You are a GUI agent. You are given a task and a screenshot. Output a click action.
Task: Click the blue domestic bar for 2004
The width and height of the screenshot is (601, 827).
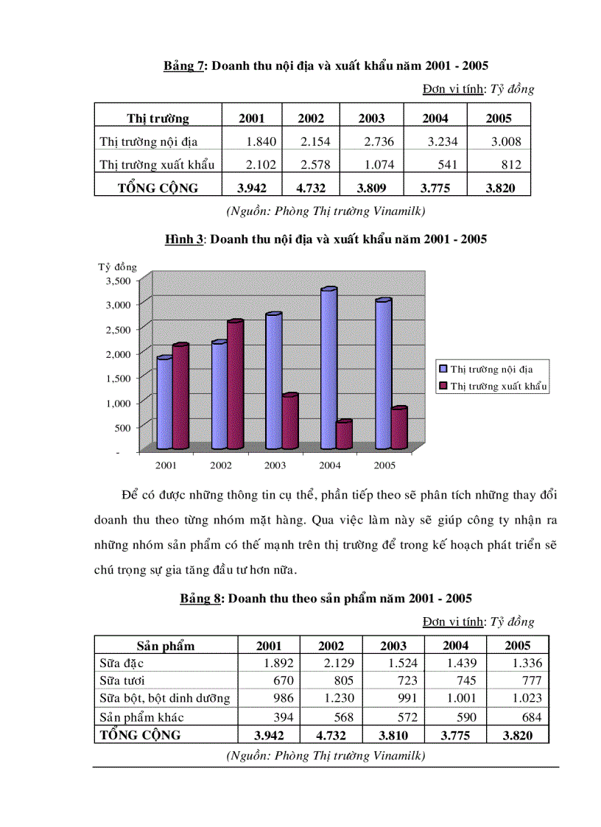click(x=328, y=368)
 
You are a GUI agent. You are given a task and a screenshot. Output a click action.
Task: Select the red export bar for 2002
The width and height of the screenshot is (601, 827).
click(x=235, y=384)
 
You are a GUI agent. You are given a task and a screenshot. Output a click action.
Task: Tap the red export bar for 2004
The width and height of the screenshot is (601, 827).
click(x=344, y=435)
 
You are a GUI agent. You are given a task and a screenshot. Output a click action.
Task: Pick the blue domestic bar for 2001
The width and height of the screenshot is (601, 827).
click(x=164, y=403)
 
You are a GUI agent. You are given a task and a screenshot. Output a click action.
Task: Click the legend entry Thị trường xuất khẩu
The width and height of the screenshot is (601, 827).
click(x=499, y=386)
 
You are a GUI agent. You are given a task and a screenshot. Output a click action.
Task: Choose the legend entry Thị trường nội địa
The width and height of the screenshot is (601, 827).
click(x=491, y=369)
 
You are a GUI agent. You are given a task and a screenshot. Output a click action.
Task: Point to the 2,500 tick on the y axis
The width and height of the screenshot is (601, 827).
click(x=117, y=328)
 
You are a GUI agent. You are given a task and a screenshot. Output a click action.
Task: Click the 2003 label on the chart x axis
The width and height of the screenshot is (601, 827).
click(x=275, y=465)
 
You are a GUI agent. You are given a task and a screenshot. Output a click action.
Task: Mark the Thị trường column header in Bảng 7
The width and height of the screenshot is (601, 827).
click(x=158, y=119)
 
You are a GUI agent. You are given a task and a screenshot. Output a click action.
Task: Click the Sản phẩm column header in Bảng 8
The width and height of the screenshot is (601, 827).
click(x=166, y=646)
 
